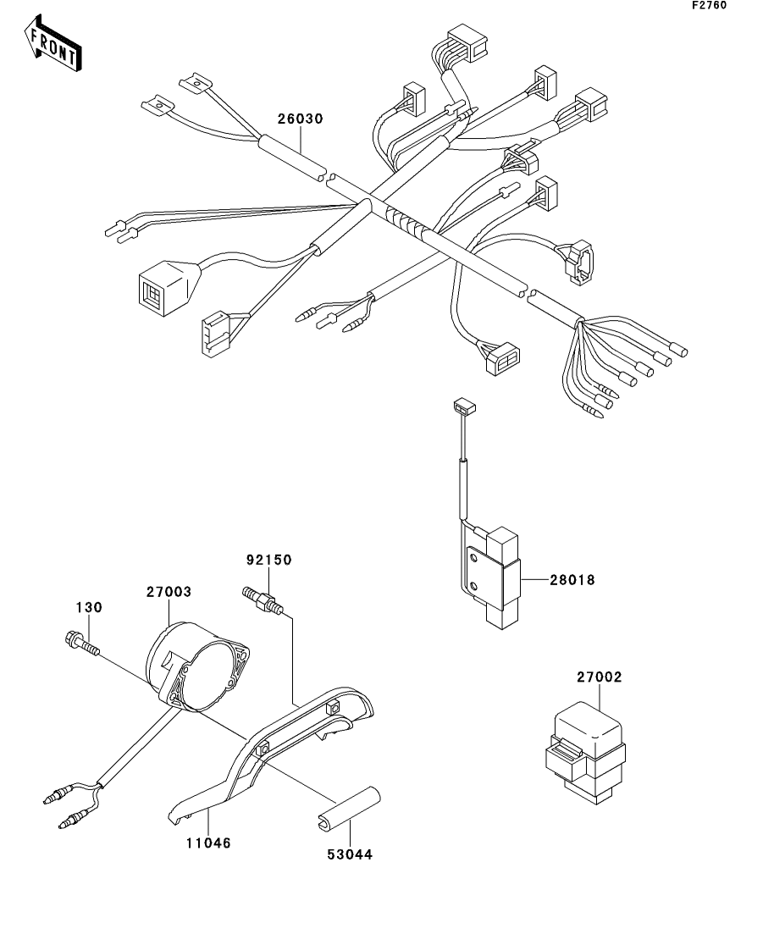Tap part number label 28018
[x=573, y=580]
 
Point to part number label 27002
[x=600, y=677]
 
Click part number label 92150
[x=268, y=560]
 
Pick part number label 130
[x=90, y=607]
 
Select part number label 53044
[x=350, y=854]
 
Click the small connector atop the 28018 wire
[x=462, y=407]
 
